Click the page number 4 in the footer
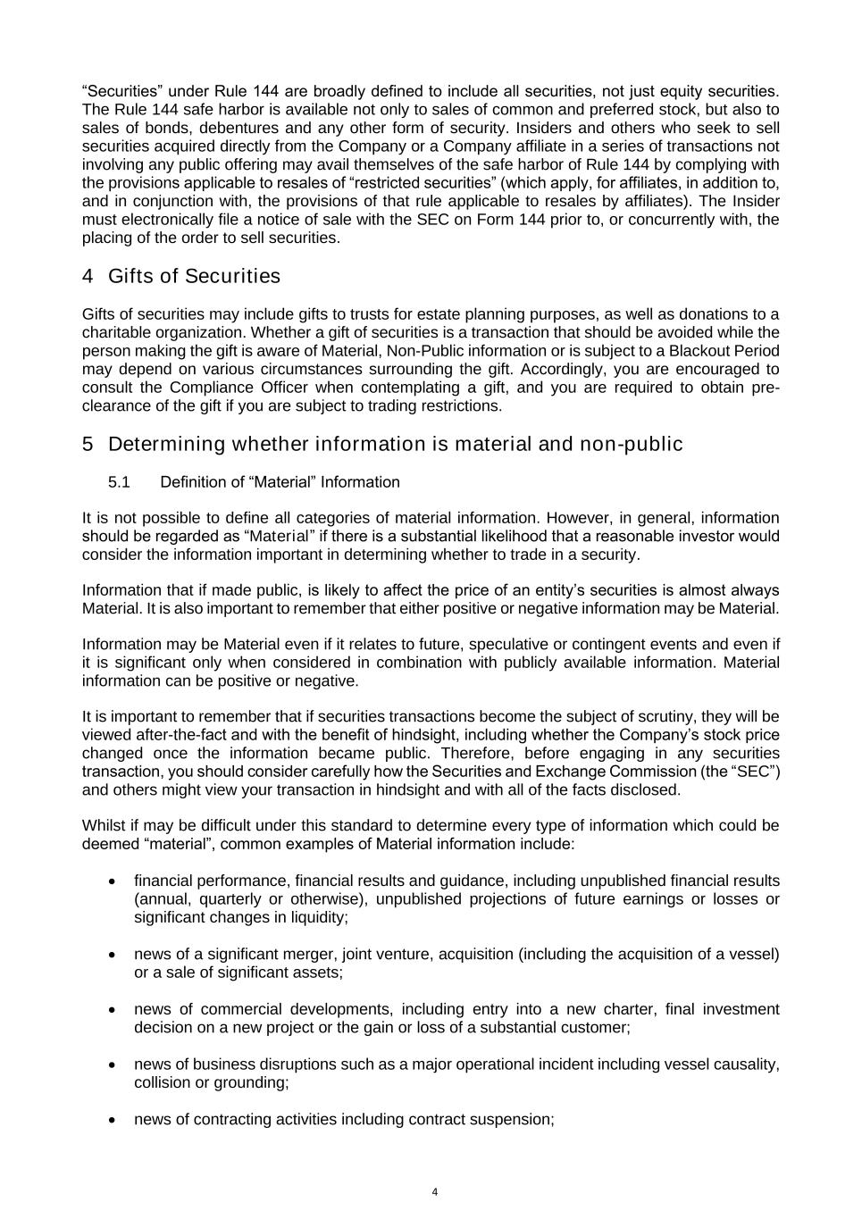(x=434, y=1191)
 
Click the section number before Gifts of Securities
(x=88, y=276)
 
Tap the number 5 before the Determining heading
(x=88, y=444)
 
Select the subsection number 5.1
(x=119, y=482)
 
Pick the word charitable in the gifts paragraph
(x=117, y=332)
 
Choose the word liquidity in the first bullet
(x=314, y=917)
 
